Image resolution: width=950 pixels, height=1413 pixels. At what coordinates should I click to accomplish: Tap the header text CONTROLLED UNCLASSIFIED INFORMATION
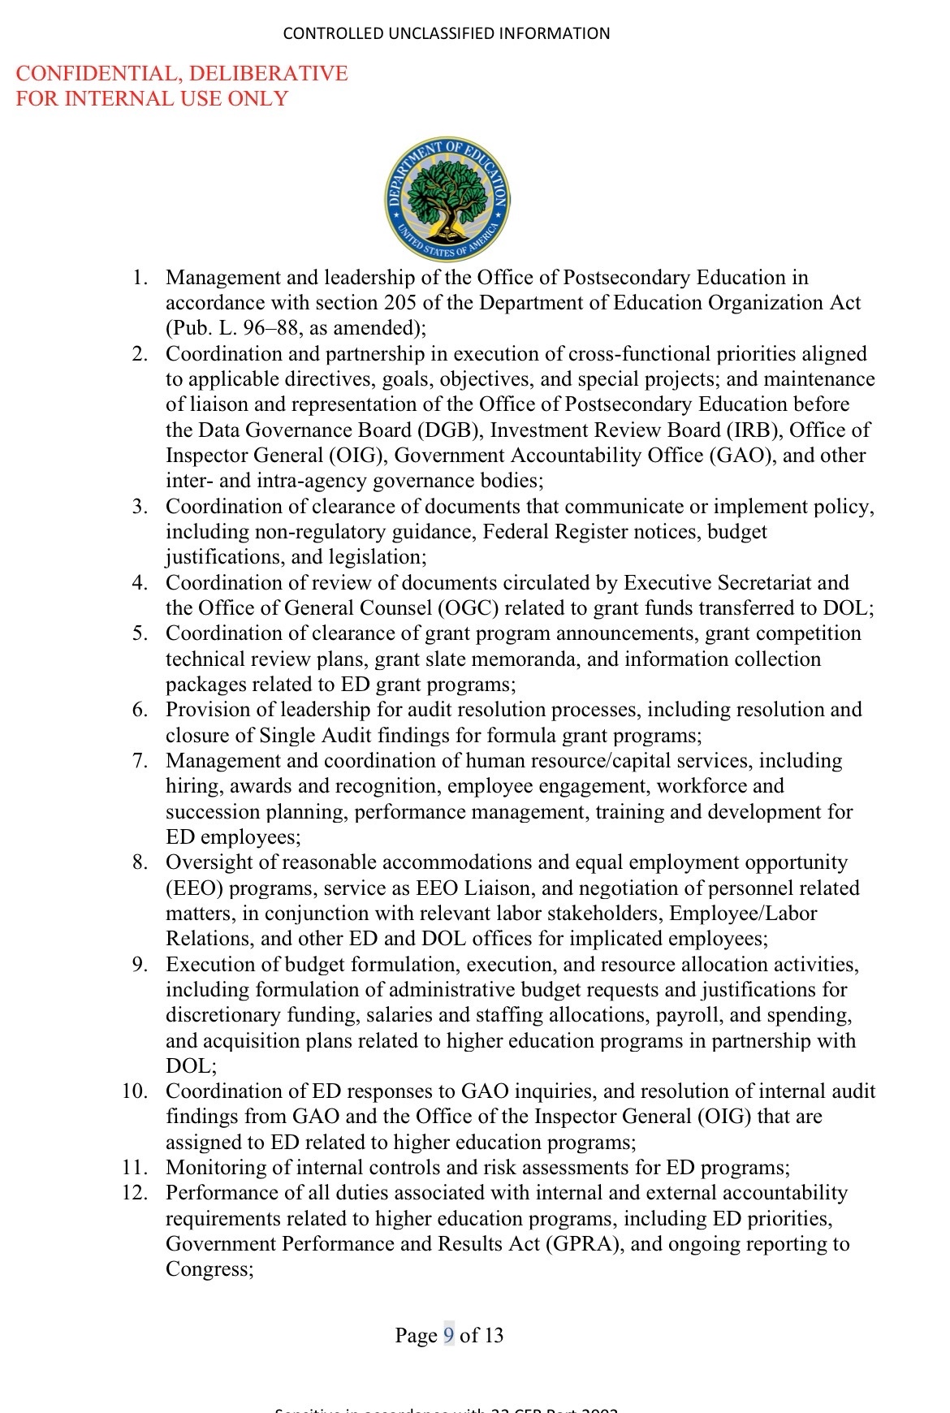[x=447, y=33]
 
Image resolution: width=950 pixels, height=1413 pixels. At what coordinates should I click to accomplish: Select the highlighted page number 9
[x=449, y=1335]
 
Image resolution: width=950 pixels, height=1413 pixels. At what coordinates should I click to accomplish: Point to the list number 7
[x=140, y=761]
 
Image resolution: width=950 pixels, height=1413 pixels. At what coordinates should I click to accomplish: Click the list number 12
[x=135, y=1193]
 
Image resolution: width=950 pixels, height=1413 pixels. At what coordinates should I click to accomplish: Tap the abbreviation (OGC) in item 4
[x=443, y=608]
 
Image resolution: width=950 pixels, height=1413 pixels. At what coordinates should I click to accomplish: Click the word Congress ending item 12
[x=209, y=1269]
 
